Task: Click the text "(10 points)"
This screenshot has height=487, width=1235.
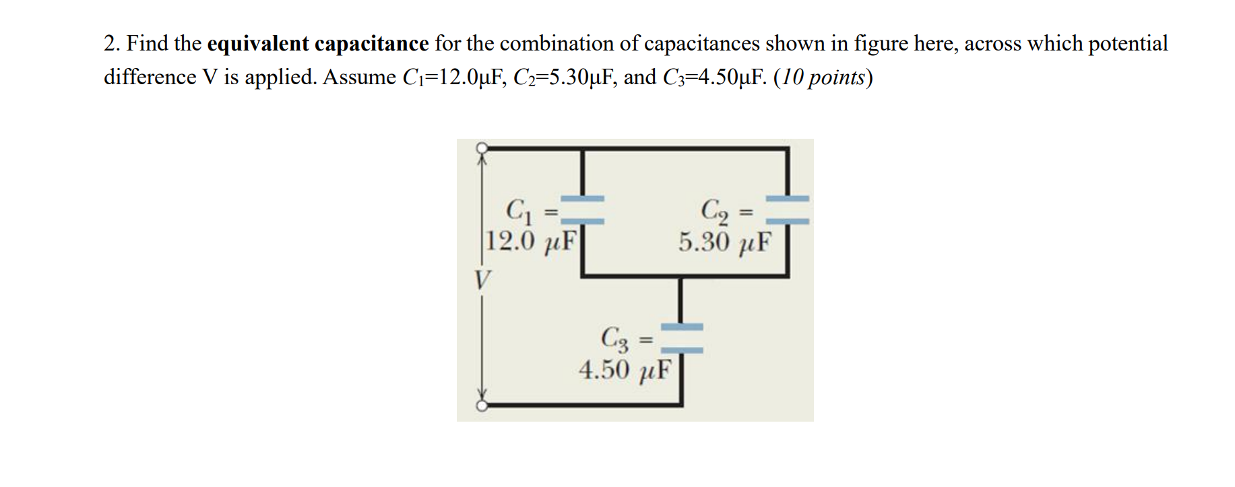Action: point(823,78)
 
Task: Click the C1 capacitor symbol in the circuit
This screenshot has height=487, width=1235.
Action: point(583,209)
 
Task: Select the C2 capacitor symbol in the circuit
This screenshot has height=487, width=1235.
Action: point(788,209)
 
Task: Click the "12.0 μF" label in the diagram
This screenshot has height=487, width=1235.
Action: point(532,240)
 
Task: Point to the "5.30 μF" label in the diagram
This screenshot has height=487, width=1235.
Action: point(725,241)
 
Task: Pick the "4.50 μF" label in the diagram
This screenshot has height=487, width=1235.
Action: point(625,369)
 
